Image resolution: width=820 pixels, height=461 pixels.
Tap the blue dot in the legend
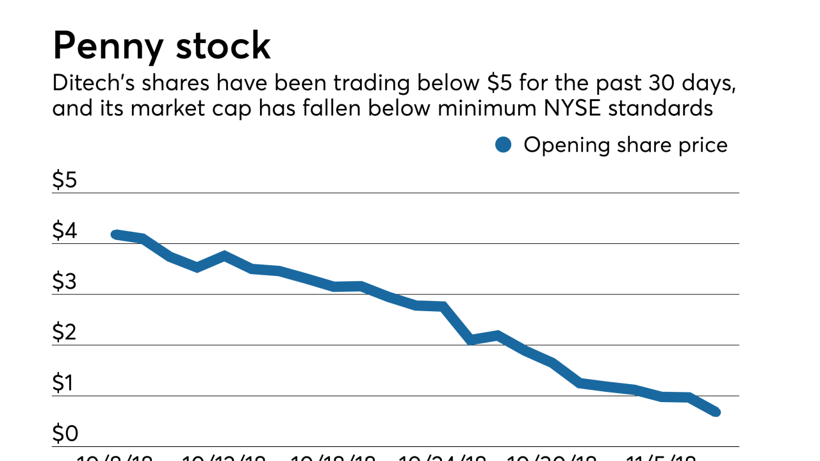pos(504,145)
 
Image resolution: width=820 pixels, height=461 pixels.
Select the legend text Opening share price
pos(625,145)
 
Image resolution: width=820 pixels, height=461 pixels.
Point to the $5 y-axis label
pos(65,181)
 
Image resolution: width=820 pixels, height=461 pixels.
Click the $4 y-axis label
pos(65,231)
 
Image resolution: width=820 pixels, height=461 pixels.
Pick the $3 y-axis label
pos(65,282)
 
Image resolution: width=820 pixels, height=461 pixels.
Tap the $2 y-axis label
pos(65,333)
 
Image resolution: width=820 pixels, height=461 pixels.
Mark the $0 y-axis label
pos(65,434)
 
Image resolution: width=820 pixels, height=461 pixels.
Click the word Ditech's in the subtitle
pos(92,85)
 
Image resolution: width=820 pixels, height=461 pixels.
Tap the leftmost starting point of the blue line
pos(115,234)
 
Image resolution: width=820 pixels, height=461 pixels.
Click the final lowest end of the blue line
pos(716,412)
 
